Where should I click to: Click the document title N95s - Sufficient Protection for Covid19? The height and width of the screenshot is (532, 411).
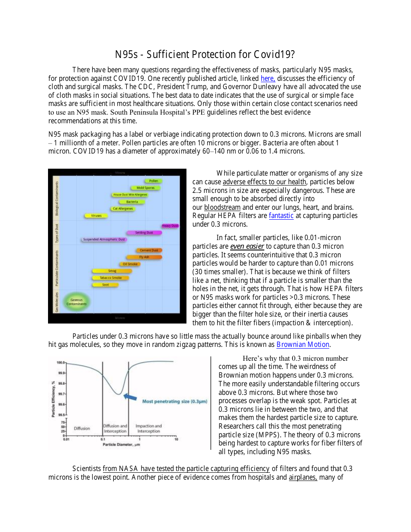[x=205, y=54]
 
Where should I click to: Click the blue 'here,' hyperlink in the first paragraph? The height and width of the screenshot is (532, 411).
[x=268, y=78]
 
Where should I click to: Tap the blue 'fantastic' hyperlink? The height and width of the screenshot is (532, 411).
[x=281, y=215]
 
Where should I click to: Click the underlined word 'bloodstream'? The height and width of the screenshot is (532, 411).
[x=222, y=207]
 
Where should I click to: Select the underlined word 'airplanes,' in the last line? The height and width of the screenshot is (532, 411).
[x=303, y=478]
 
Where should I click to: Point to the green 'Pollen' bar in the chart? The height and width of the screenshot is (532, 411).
[x=153, y=181]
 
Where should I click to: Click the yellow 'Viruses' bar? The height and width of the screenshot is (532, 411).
[x=96, y=215]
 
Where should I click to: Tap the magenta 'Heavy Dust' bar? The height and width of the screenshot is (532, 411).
[x=170, y=226]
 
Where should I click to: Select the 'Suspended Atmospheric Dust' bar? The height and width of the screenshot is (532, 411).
[x=104, y=239]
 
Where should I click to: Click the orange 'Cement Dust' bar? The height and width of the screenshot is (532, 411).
[x=149, y=250]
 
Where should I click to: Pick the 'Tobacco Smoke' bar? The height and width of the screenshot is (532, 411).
[x=111, y=278]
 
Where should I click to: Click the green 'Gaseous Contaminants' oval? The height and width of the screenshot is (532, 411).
[x=76, y=302]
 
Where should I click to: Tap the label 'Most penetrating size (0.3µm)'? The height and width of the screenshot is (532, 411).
[x=174, y=401]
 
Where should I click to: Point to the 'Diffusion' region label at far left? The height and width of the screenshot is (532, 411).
[x=82, y=428]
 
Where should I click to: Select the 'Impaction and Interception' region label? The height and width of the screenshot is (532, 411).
[x=148, y=428]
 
